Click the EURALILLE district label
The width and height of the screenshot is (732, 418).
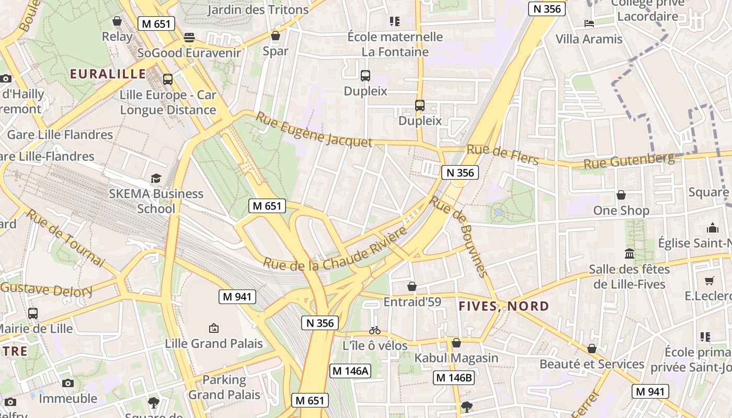(108, 74)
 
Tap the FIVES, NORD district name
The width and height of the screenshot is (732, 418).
(504, 306)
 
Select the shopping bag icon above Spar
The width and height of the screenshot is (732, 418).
(276, 36)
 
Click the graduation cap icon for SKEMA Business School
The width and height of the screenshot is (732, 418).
(156, 179)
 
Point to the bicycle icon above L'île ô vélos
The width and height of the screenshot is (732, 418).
(375, 330)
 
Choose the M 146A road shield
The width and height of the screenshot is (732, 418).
(350, 371)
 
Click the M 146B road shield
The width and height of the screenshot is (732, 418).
(454, 377)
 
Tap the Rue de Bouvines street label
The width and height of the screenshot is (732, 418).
(459, 236)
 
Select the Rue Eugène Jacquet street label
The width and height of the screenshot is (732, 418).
(313, 130)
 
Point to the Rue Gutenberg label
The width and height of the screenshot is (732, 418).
(628, 160)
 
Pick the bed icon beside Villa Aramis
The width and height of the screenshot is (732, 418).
(589, 24)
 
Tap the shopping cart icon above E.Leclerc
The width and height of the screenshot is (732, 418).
(709, 281)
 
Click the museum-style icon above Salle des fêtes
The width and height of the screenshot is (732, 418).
(630, 254)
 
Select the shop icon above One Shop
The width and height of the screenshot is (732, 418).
(621, 195)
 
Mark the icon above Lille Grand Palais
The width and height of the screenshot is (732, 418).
(213, 328)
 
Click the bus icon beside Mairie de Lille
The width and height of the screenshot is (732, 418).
(33, 313)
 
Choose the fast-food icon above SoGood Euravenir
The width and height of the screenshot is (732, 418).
(189, 37)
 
